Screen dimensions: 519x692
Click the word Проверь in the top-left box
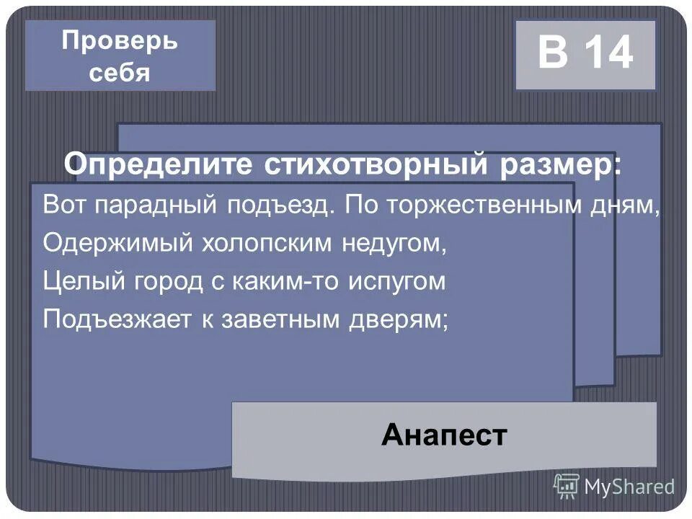click(x=120, y=41)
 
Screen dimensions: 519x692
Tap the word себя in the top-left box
click(x=120, y=73)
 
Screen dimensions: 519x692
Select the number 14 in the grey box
click(x=609, y=54)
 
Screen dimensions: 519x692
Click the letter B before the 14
click(x=553, y=54)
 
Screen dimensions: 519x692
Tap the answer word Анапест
click(x=445, y=435)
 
